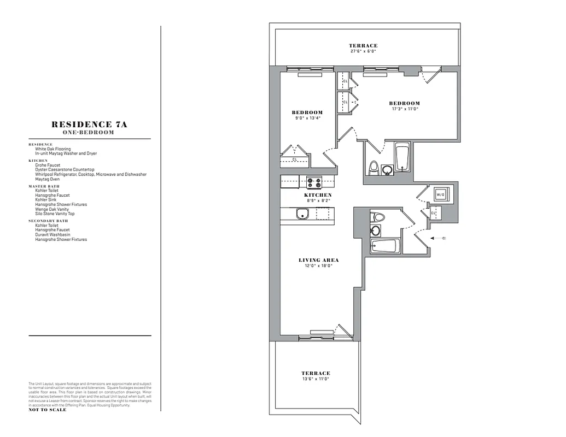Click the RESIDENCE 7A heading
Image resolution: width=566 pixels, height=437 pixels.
[x=90, y=125]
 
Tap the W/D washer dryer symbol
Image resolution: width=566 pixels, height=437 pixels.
[x=441, y=194]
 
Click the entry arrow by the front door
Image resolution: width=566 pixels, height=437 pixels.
[x=439, y=238]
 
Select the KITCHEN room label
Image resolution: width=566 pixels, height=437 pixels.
[x=318, y=195]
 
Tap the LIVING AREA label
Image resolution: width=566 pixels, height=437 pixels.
[x=319, y=260]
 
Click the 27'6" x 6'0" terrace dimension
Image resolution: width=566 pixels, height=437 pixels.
[x=363, y=51]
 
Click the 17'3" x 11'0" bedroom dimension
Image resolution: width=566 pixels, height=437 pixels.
[x=404, y=109]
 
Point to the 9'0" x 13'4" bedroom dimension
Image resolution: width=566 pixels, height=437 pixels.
[x=307, y=118]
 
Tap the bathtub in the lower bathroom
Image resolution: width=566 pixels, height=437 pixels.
[x=385, y=246]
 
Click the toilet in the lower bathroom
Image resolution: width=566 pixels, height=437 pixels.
[x=378, y=217]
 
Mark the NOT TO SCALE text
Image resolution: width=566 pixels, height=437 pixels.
[x=48, y=410]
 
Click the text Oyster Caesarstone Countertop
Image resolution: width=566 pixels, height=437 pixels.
[x=65, y=170]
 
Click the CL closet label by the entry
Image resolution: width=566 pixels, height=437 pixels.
[x=433, y=213]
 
